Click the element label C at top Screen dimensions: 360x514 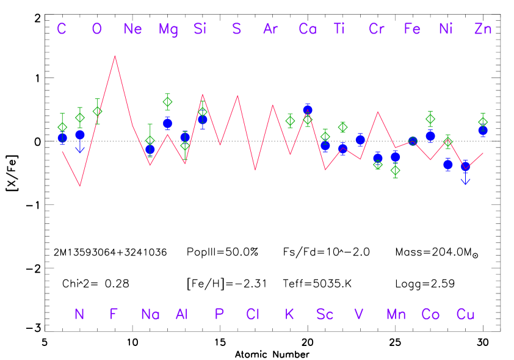tap(62, 29)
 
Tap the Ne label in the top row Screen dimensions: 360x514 tap(132, 29)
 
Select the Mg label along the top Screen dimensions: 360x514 tap(168, 29)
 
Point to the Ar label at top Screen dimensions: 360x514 tap(270, 29)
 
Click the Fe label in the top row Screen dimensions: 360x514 tap(412, 29)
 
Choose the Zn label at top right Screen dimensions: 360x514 tap(483, 29)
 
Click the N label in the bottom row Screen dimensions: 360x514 tap(79, 314)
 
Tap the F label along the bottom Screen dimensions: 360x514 tap(114, 314)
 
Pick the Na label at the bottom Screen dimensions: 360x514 tap(150, 314)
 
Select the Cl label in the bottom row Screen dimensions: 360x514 tap(253, 314)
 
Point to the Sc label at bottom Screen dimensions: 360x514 tap(325, 314)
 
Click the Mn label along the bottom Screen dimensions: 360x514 tap(396, 314)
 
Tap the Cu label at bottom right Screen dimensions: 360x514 tap(466, 314)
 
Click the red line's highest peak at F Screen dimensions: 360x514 tap(115, 56)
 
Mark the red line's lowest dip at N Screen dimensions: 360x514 tap(80, 185)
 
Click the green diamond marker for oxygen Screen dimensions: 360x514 tap(97, 111)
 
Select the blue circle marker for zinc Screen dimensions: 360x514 tap(483, 130)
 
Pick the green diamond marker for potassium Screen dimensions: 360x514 tap(290, 121)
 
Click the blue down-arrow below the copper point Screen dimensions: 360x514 tap(465, 181)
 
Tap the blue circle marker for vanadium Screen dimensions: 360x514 tap(360, 140)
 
